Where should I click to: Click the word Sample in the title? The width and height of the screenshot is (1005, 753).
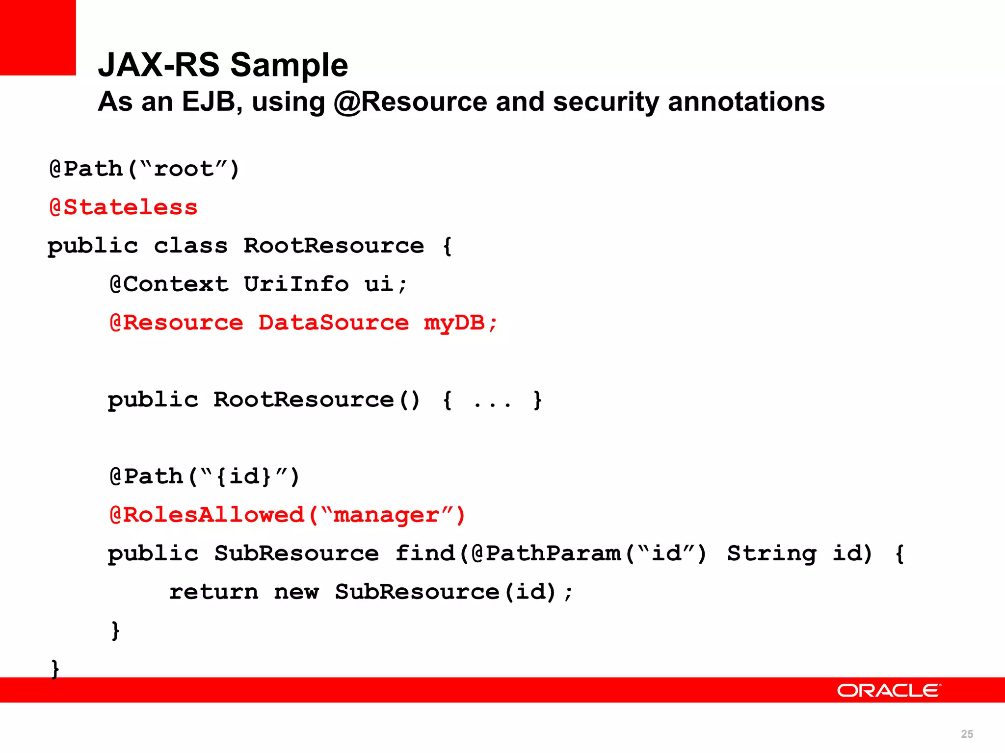coord(289,65)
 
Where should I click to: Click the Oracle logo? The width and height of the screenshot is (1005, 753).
coord(889,691)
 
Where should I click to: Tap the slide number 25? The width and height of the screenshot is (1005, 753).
coord(967,734)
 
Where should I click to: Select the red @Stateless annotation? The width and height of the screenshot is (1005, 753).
coord(124,207)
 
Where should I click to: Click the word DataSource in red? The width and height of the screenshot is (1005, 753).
coord(334,323)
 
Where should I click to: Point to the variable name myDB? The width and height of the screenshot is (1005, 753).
coord(454,323)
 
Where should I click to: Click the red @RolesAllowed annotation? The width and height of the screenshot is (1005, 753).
coord(207,515)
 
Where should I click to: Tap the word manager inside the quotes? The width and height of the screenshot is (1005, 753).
coord(386,515)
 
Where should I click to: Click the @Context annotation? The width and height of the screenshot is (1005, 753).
coord(169,284)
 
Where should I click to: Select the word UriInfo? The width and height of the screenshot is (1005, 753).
coord(296,284)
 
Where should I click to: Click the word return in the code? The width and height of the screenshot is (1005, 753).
coord(214,592)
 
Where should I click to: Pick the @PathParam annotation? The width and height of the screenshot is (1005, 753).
coord(546,553)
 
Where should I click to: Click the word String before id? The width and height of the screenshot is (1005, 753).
coord(771,553)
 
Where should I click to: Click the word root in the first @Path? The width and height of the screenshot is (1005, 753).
coord(184,169)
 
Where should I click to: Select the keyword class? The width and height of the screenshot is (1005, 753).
coord(191,246)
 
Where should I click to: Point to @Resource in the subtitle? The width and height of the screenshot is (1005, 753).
coord(410,102)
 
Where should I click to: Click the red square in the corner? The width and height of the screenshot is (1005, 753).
coord(38,37)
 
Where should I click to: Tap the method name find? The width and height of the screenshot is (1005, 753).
coord(425,553)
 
